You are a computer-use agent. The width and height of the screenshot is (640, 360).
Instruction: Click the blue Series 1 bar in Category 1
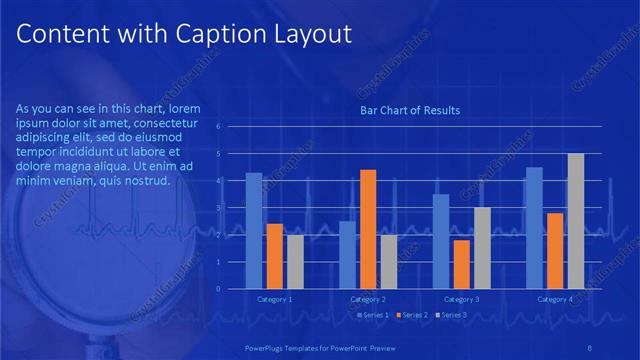click(254, 231)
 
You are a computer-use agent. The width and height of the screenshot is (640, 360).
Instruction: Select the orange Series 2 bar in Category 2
click(368, 229)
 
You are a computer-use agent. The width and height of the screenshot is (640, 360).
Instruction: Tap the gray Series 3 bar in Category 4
click(575, 221)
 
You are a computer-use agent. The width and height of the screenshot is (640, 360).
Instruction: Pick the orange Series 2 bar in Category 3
click(461, 264)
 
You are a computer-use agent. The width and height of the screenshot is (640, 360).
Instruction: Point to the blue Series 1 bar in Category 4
click(534, 228)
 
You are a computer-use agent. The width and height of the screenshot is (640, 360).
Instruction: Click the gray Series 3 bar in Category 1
click(295, 262)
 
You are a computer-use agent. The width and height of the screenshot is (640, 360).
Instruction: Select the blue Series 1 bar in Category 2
click(347, 255)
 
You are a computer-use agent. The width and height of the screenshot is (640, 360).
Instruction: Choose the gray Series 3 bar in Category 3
click(482, 248)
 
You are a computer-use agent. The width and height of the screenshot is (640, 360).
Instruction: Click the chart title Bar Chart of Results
click(409, 110)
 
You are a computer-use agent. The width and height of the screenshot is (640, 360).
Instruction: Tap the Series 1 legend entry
click(373, 315)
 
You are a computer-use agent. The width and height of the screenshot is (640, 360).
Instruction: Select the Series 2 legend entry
click(410, 315)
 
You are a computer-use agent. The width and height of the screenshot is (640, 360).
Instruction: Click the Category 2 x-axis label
click(368, 300)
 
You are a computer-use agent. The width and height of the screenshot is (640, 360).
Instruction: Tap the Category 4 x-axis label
click(554, 300)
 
